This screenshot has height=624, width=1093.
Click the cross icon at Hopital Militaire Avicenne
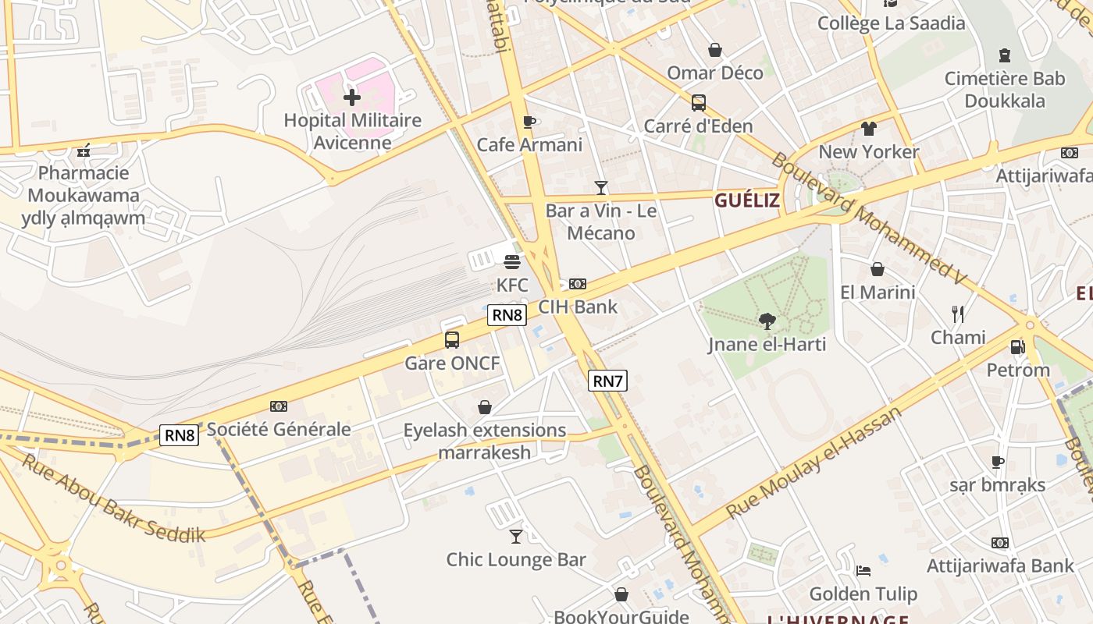352,97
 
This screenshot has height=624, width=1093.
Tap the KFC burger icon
512,262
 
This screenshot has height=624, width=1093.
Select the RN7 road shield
607,381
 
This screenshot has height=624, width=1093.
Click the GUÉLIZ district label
746,200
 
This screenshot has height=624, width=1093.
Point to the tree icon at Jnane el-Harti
767,321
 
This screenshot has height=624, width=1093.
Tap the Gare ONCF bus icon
452,340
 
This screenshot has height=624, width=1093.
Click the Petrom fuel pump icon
1017,347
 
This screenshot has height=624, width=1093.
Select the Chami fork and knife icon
958,314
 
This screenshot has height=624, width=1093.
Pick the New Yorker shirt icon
869,129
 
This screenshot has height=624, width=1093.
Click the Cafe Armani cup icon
529,122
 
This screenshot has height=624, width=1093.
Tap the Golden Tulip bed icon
863,571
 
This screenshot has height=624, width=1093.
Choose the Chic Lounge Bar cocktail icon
516,537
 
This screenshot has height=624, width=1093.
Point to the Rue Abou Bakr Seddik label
113,498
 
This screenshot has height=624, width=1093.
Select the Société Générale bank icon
279,406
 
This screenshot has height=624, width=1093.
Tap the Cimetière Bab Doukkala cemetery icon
1004,55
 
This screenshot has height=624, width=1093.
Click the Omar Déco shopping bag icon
714,51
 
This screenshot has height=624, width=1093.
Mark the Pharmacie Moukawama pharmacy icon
84,151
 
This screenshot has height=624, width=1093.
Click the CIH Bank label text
578,307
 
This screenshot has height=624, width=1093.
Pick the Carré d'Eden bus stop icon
698,103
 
